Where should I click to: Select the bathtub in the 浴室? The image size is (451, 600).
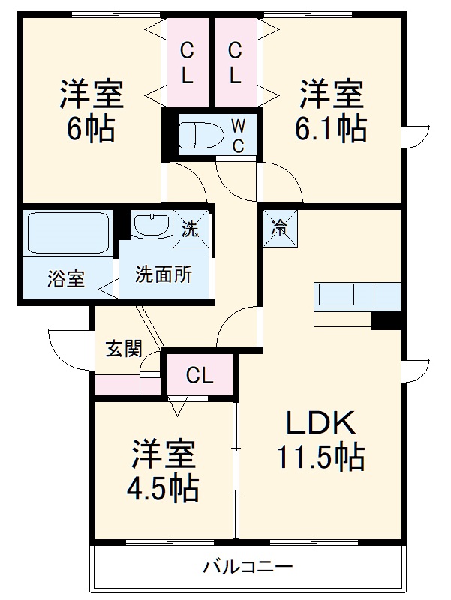(68, 234)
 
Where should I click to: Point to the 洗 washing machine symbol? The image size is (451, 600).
(191, 228)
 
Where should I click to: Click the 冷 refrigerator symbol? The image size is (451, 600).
(278, 228)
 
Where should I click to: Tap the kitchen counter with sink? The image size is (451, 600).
(356, 295)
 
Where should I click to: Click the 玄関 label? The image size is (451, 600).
(123, 349)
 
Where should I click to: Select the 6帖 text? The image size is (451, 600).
(92, 130)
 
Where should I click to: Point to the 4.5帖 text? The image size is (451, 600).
(163, 490)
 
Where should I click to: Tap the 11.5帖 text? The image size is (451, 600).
(320, 456)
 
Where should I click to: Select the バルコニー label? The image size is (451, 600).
(247, 567)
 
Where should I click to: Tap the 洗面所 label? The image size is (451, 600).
(163, 275)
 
